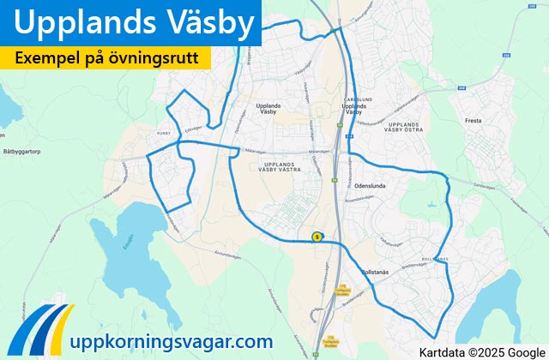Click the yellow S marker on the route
coord(317,237)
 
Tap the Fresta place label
coord(474,121)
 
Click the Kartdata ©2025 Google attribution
coord(481,351)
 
